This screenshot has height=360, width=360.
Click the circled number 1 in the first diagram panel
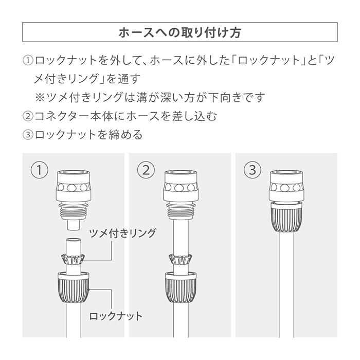[x=39, y=170]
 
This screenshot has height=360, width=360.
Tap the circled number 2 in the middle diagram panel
[x=148, y=170]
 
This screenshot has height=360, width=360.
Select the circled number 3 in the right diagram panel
[x=251, y=170]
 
